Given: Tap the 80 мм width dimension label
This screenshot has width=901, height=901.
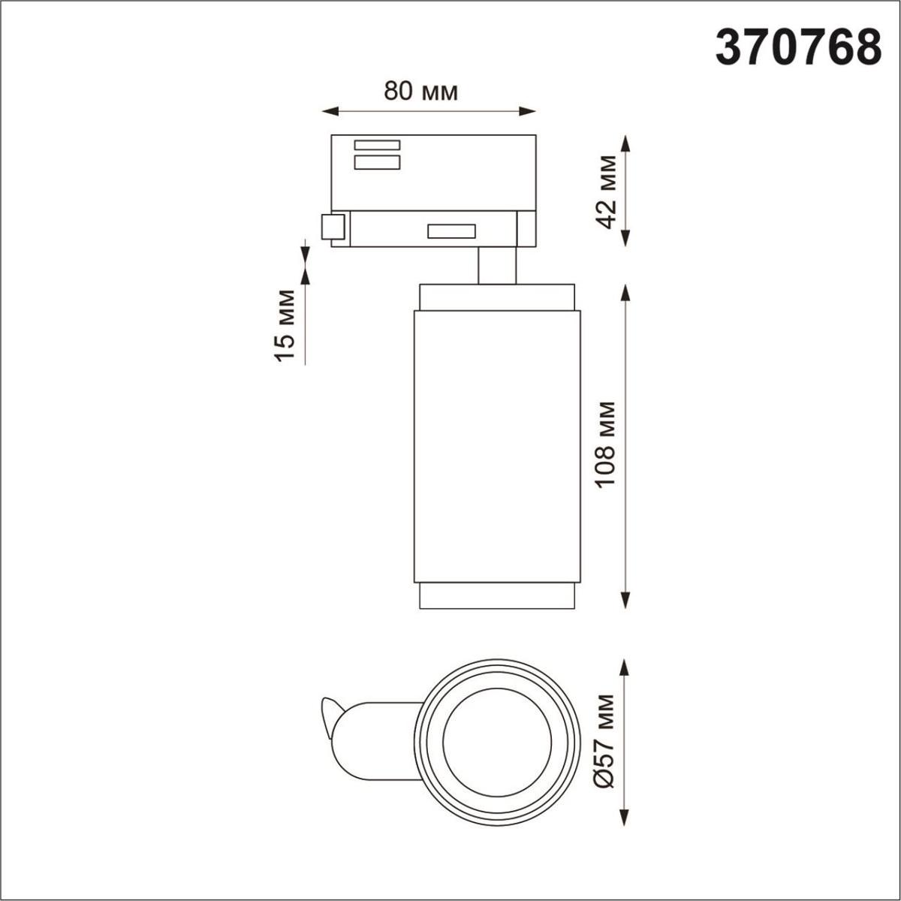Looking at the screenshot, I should (x=420, y=91).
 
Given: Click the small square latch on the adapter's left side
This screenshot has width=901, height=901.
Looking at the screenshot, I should (x=333, y=227).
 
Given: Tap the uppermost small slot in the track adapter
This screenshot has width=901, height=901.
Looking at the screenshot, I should (x=377, y=145).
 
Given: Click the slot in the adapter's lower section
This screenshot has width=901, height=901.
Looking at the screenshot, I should (x=451, y=231).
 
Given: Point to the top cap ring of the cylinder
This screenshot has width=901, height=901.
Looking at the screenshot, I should (x=497, y=297).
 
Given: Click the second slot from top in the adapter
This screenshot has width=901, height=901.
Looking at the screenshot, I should (x=377, y=163).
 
